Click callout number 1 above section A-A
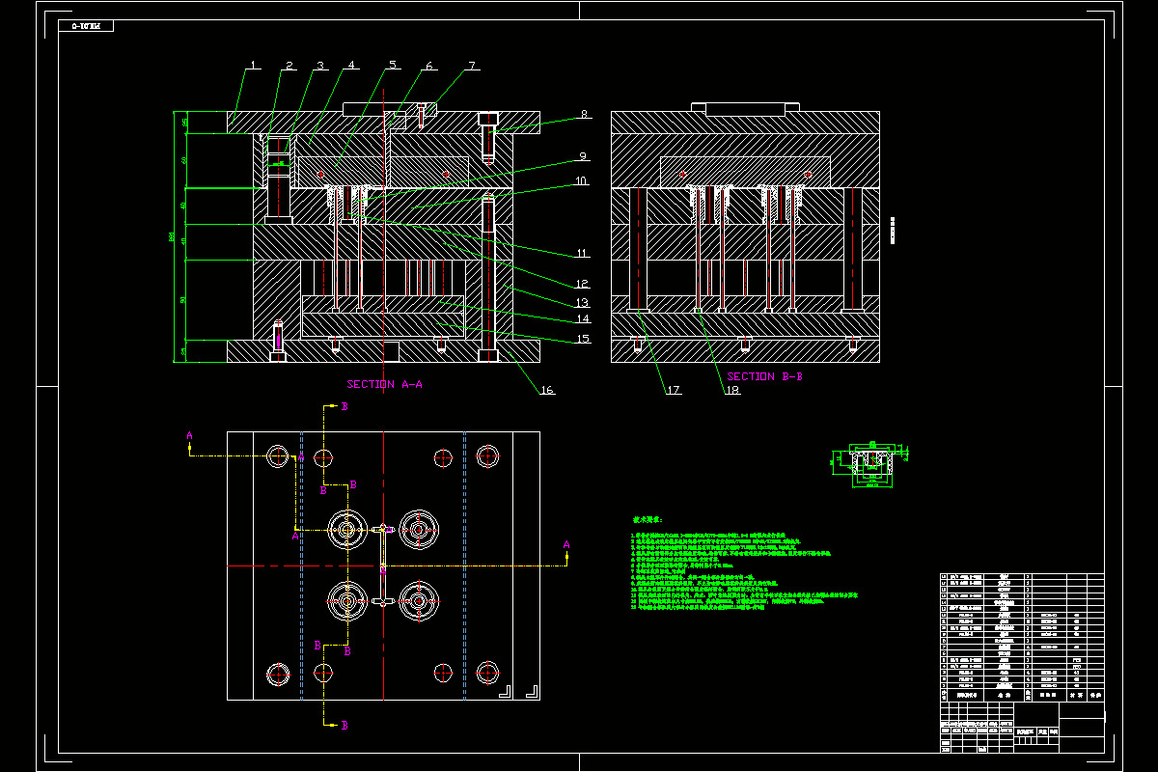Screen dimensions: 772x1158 [x=253, y=66]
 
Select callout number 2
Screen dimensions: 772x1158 [x=289, y=66]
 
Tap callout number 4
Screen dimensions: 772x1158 [x=352, y=66]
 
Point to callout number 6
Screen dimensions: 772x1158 [x=429, y=66]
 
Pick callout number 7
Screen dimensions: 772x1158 [x=472, y=66]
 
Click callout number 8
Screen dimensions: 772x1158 [x=583, y=115]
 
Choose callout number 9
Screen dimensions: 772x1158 [x=582, y=155]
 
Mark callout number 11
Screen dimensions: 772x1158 [x=582, y=254]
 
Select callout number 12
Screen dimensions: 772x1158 [x=582, y=284]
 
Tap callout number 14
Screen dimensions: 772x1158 [x=582, y=318]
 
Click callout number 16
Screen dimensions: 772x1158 [x=547, y=390]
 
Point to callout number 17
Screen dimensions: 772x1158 [x=673, y=390]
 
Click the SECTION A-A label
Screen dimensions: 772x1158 [x=385, y=384]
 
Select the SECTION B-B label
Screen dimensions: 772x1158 [x=764, y=376]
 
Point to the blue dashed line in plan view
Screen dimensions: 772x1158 [x=465, y=565]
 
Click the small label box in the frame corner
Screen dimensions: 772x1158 [x=86, y=26]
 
